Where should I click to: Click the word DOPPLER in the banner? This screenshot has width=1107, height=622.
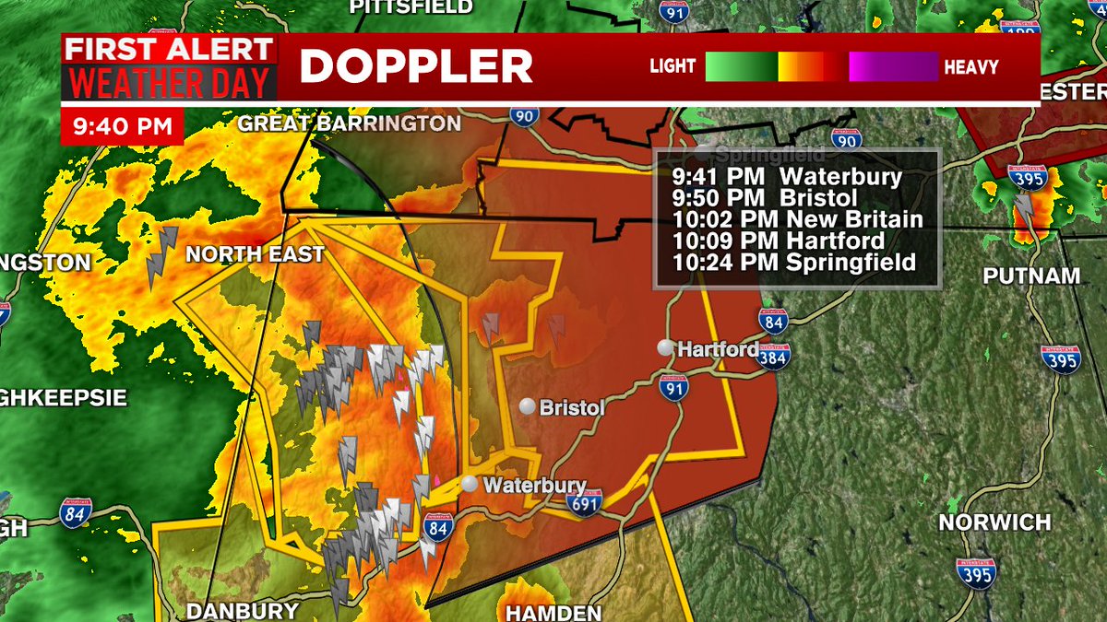[416, 66]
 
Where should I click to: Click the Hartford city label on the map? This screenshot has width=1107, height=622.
[718, 349]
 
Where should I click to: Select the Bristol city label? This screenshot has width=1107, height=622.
[572, 407]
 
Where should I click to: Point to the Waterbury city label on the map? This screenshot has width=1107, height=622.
[534, 485]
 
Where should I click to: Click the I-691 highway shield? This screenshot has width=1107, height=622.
[585, 502]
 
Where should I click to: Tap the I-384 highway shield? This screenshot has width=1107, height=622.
[773, 357]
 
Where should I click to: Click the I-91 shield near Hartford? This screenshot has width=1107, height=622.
[674, 389]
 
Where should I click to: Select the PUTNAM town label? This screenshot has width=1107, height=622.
[1030, 276]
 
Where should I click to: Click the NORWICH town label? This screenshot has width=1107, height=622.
[994, 522]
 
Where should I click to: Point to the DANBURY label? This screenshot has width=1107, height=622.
[242, 610]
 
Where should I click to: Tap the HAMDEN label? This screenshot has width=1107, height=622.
[554, 612]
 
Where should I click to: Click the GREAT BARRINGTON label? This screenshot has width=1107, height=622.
[349, 123]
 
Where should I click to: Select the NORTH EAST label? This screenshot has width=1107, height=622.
[255, 253]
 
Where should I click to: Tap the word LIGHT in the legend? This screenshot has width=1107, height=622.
[673, 66]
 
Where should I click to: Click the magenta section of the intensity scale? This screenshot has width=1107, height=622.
[893, 66]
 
